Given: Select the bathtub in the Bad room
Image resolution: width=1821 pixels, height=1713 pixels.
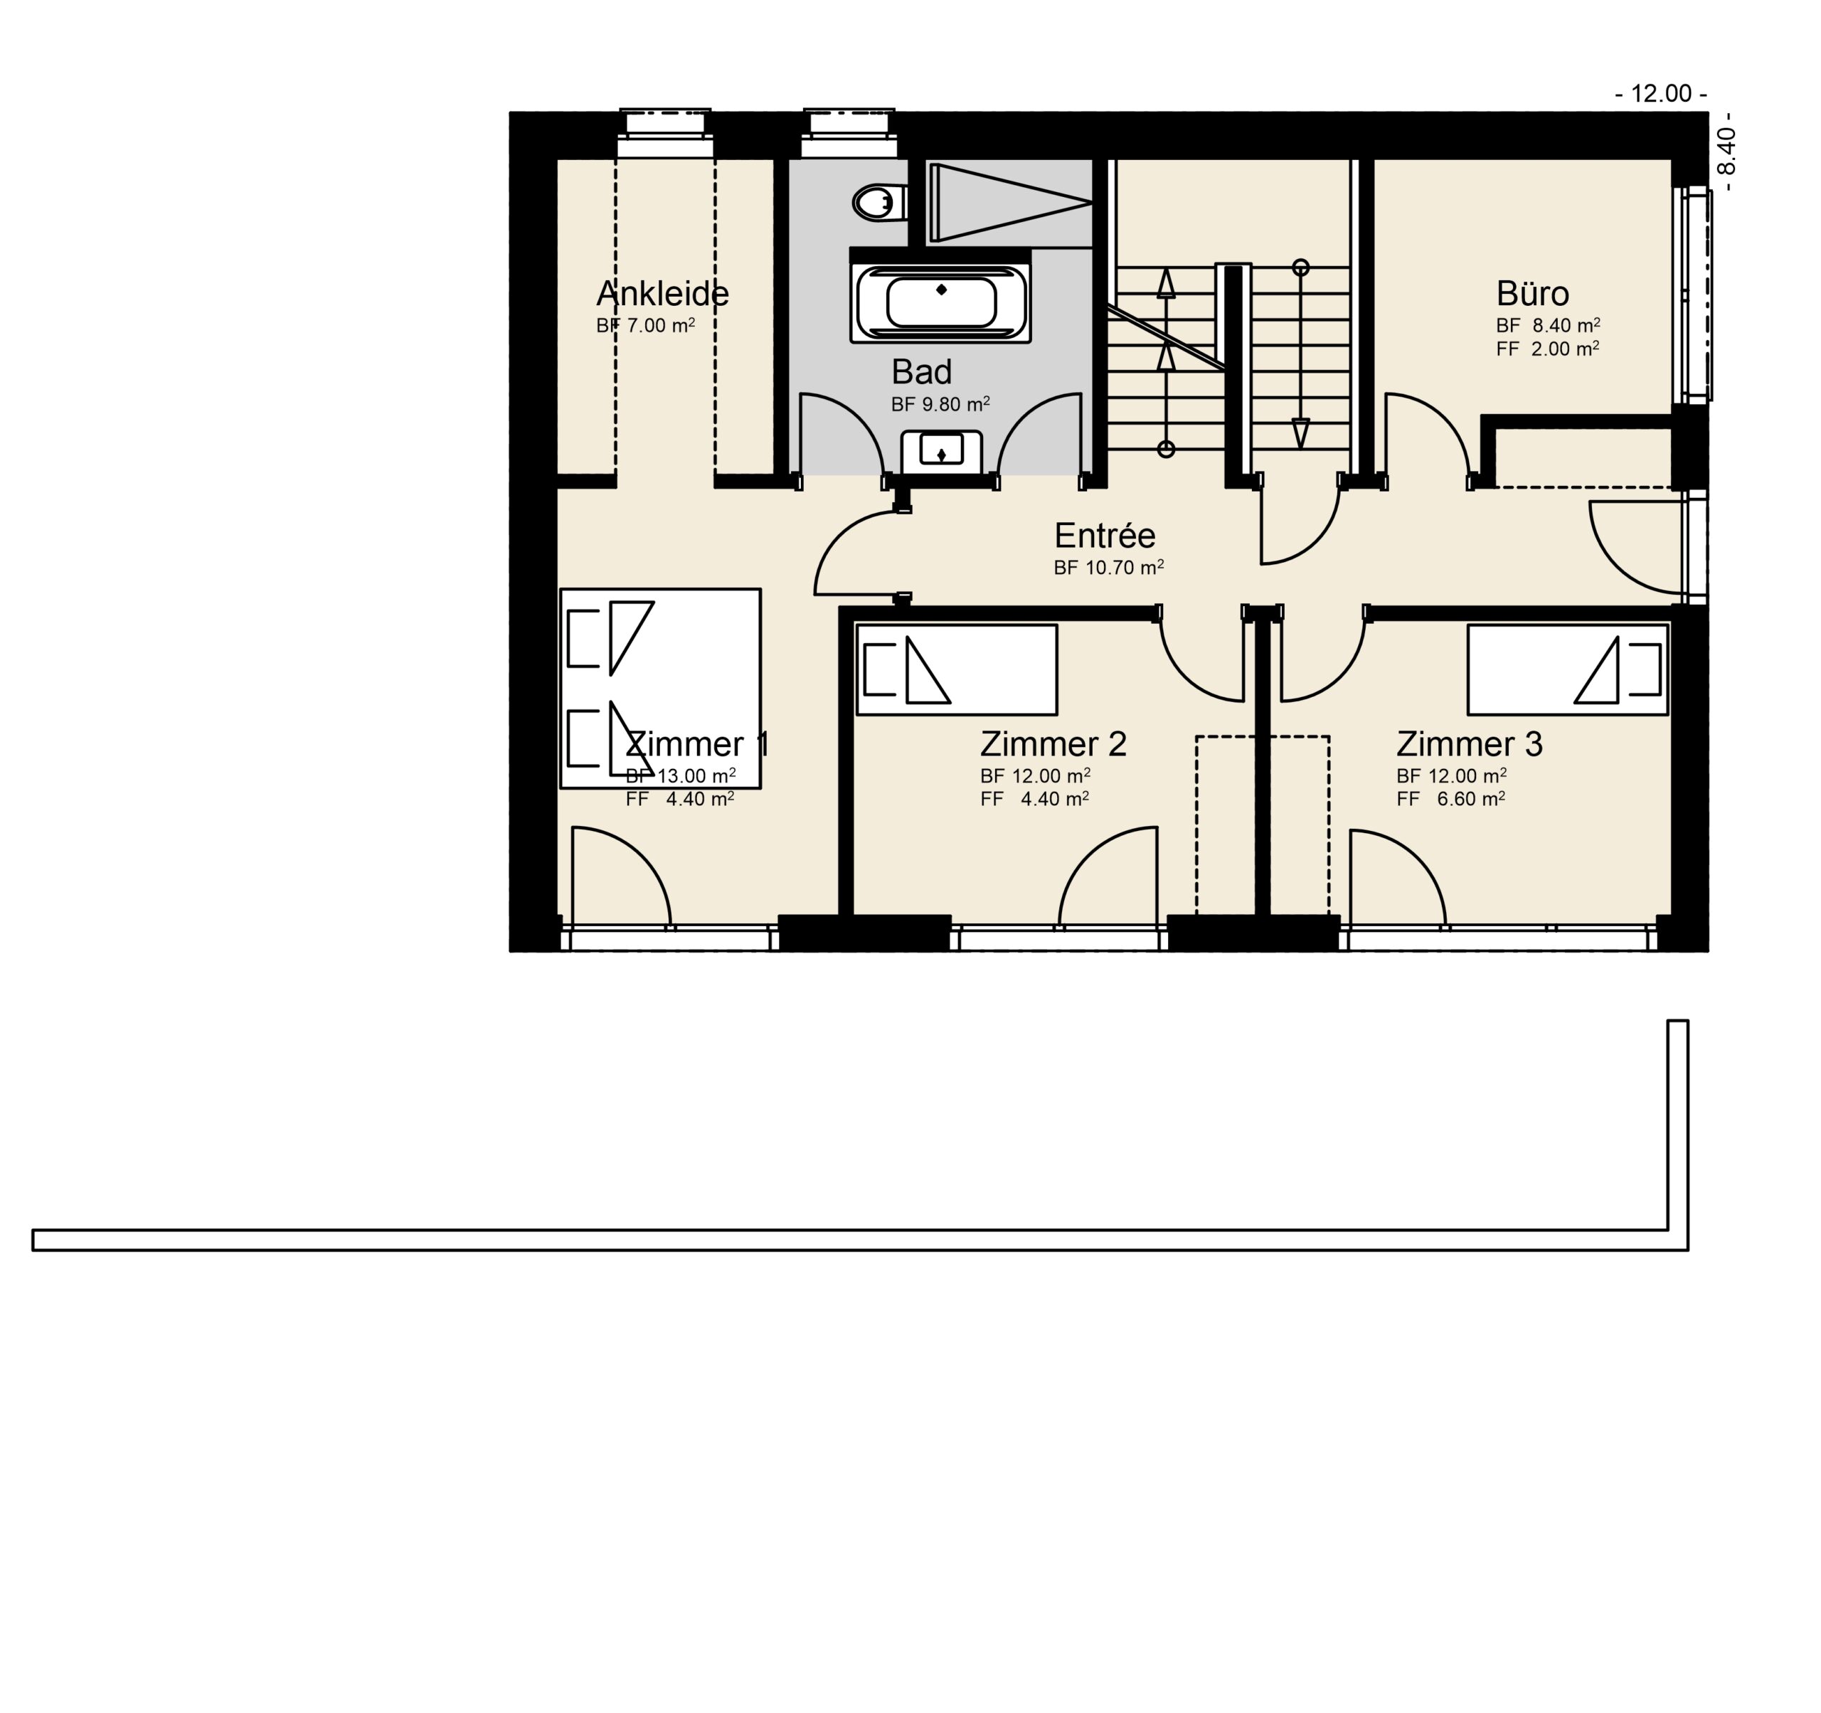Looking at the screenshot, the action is [x=940, y=303].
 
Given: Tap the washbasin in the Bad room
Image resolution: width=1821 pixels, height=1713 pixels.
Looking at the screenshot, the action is [x=942, y=452].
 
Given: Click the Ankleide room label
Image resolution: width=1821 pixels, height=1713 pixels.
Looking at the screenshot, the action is [x=662, y=294].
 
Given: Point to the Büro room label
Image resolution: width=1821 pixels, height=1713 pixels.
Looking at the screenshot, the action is [x=1532, y=294].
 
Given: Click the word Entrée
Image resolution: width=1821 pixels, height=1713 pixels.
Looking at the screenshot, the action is [x=1105, y=535].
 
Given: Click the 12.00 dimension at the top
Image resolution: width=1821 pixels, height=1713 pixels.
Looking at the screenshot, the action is [x=1661, y=93].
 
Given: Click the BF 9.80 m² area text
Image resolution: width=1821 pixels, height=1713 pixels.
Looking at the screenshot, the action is [x=940, y=404].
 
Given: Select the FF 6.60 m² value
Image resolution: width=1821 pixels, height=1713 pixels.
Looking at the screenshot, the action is [x=1451, y=799].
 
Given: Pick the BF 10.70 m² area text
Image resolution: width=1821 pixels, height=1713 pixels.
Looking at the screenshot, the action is [x=1108, y=568].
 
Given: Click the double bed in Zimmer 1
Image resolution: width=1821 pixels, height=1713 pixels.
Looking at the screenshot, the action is [x=660, y=688].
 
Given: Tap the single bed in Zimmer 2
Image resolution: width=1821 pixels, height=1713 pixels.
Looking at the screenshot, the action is [x=956, y=669].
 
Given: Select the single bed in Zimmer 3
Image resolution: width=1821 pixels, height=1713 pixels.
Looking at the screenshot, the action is [x=1567, y=669].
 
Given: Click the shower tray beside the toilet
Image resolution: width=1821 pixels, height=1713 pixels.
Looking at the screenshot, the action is [x=1009, y=203].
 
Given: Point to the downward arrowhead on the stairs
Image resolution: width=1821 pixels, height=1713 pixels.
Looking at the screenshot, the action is [x=1301, y=433].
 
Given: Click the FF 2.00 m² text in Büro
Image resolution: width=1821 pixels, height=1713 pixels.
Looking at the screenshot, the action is [x=1548, y=349].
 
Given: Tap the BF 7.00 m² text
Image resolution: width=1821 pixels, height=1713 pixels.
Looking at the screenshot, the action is [x=646, y=325].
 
